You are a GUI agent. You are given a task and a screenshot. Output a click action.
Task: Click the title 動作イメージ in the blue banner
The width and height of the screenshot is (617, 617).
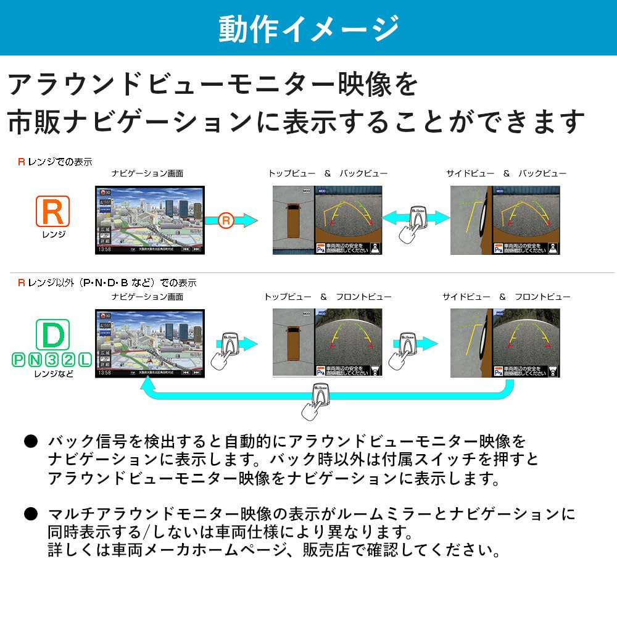coord(308,28)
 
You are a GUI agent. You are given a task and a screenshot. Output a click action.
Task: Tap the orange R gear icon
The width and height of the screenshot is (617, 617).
coord(52,212)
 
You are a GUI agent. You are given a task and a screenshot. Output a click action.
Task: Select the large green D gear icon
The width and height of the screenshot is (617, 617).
coord(52,334)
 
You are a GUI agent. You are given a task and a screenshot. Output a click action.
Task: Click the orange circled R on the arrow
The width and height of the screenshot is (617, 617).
coord(227,219)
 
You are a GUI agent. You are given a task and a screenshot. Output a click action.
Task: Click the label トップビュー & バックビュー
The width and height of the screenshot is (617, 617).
coord(328,174)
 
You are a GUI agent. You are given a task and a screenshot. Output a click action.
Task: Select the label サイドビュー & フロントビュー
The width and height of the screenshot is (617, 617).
coord(506,297)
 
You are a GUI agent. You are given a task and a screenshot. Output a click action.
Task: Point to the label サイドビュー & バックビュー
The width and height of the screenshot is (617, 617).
coord(506,174)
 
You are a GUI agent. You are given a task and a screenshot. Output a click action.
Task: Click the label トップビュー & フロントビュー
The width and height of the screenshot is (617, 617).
coord(328,297)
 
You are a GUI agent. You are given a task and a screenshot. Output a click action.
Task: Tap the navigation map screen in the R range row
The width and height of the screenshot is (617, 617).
coord(150,220)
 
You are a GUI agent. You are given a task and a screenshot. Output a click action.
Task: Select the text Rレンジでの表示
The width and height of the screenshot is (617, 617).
coord(55,162)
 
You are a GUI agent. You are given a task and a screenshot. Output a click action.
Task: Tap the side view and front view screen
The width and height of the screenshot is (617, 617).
coord(505,342)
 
